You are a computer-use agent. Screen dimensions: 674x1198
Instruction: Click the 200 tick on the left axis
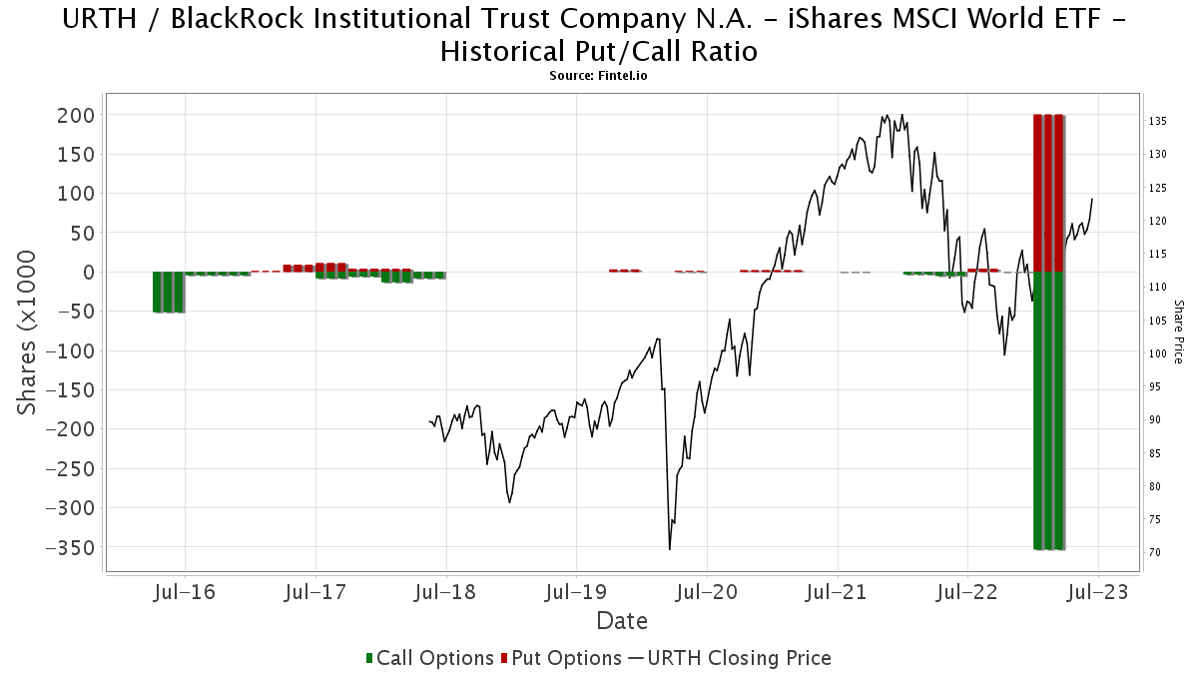click(76, 115)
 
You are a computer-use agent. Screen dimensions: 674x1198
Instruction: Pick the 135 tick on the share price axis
click(1158, 121)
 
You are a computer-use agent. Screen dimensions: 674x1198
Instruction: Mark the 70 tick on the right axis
click(1155, 552)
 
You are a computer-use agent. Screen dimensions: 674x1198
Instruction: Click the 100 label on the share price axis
click(1158, 353)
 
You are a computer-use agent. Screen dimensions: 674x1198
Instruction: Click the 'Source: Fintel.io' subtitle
click(599, 75)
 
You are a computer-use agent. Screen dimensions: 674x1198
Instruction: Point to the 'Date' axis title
click(622, 621)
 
